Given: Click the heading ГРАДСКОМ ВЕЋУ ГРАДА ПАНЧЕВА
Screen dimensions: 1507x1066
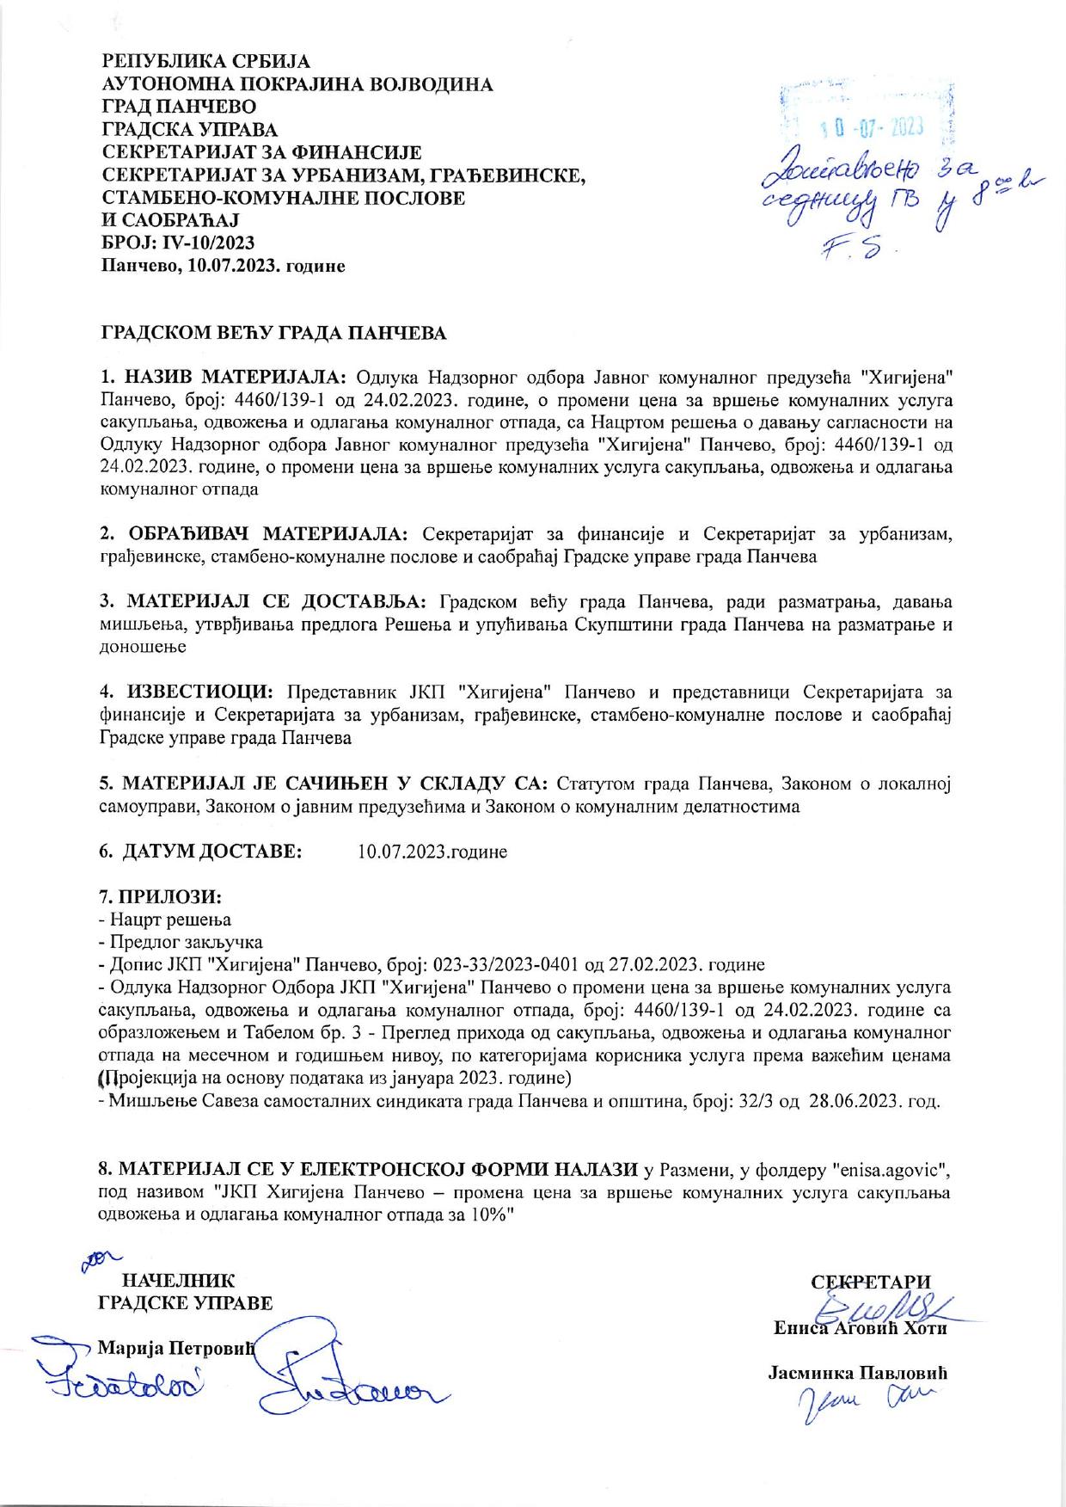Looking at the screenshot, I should point(274,333).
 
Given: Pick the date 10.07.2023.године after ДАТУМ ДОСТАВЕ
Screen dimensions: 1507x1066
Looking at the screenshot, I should point(432,852).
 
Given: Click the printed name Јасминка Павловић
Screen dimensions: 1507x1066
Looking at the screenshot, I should point(856,1374).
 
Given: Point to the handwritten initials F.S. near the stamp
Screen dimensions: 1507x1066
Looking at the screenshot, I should point(861,250).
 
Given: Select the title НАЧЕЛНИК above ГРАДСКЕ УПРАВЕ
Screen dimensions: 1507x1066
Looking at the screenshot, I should point(179,1281).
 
